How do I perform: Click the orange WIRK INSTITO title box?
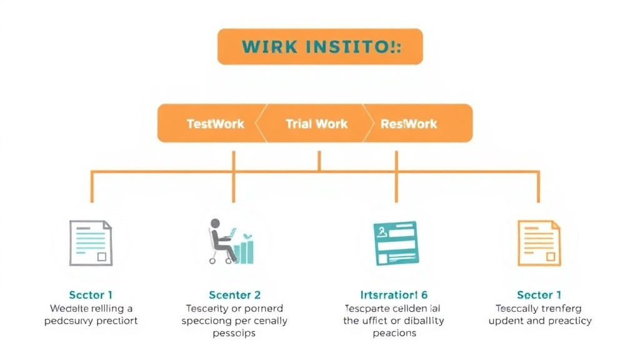pos(320,46)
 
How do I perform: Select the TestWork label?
pos(216,124)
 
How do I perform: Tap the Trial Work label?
pos(316,124)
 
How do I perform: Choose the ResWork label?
pos(409,124)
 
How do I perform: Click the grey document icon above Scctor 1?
pos(91,243)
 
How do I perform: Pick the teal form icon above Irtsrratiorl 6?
pos(395,243)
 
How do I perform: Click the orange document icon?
pos(539,243)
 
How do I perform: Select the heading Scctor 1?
pos(91,295)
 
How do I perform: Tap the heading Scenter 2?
pos(234,295)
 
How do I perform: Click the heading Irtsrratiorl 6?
pos(394,295)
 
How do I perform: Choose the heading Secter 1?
pos(539,295)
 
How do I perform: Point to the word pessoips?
pos(234,333)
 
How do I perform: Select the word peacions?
pos(394,333)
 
